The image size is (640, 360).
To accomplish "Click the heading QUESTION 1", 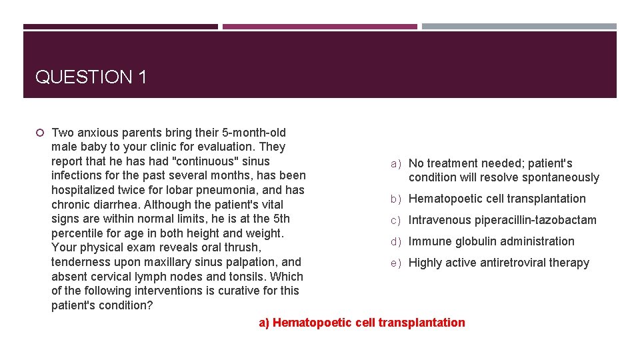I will (91, 77).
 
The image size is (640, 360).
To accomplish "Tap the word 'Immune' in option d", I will (429, 241).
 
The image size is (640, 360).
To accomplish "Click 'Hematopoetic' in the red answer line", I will (312, 323).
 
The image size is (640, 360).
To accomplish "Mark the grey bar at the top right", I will (519, 27).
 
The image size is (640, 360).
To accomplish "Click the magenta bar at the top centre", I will (319, 27).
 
